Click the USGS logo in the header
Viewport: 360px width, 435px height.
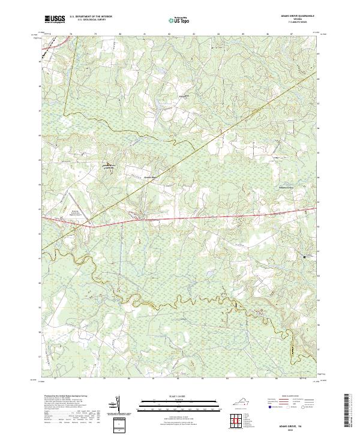(x=55, y=20)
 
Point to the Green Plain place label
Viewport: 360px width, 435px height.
(x=149, y=178)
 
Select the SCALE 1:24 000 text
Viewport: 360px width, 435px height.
(x=179, y=396)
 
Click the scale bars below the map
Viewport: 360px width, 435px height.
(x=179, y=404)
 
